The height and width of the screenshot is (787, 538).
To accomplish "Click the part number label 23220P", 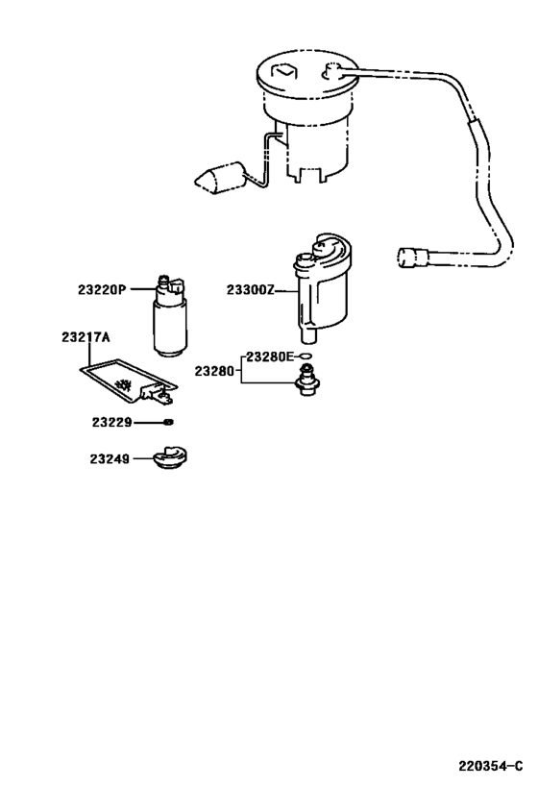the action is (102, 289).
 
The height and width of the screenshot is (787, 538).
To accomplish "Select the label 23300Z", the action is (251, 290).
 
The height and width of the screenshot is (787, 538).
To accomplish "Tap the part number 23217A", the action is (86, 337).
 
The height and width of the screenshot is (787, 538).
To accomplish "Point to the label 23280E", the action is (270, 357).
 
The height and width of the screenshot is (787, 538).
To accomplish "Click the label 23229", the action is (111, 423).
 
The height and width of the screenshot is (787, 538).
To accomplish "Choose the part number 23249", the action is (110, 459).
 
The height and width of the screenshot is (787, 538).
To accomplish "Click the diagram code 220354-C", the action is (490, 766).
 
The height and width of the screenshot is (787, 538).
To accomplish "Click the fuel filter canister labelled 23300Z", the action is (321, 288).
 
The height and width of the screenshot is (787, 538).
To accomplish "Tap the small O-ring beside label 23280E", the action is (306, 357).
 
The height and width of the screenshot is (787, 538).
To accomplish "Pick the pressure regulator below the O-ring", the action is (307, 381).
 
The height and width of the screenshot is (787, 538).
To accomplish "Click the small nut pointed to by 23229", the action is (169, 422).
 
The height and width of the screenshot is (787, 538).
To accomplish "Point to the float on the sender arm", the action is (220, 178).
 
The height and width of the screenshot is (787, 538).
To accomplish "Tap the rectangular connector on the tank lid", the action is (284, 71).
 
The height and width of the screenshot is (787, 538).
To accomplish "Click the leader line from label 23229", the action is (149, 423).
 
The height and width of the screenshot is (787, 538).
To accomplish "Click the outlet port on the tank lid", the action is (332, 71).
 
